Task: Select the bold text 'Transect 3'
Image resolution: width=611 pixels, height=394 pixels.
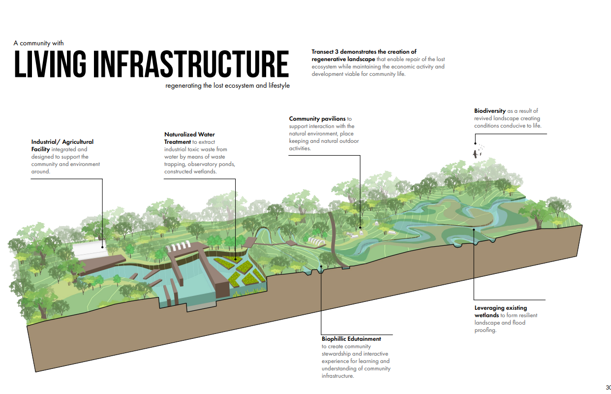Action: [x=328, y=52]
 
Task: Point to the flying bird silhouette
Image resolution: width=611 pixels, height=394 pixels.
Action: [x=476, y=153]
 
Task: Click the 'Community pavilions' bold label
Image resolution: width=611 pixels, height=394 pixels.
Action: [x=317, y=119]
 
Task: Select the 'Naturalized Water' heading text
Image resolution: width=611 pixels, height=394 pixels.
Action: [x=189, y=134]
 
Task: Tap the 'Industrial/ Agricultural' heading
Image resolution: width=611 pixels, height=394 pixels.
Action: [x=62, y=142]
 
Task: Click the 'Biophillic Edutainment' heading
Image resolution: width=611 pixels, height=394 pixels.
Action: [x=351, y=339]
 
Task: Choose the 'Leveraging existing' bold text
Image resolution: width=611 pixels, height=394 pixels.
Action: [x=500, y=308]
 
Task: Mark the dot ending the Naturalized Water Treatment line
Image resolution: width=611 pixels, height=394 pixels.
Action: [x=235, y=258]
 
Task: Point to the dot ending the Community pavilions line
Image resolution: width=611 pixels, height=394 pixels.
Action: [x=361, y=228]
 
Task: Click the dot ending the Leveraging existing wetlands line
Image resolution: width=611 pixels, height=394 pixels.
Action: [x=474, y=229]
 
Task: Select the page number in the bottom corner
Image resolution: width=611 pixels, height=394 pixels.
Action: [x=608, y=387]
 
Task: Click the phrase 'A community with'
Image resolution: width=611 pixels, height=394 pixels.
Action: [x=39, y=43]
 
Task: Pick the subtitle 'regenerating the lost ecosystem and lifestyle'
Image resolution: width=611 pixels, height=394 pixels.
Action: [x=228, y=85]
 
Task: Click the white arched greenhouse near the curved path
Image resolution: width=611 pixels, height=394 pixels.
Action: [x=314, y=241]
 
